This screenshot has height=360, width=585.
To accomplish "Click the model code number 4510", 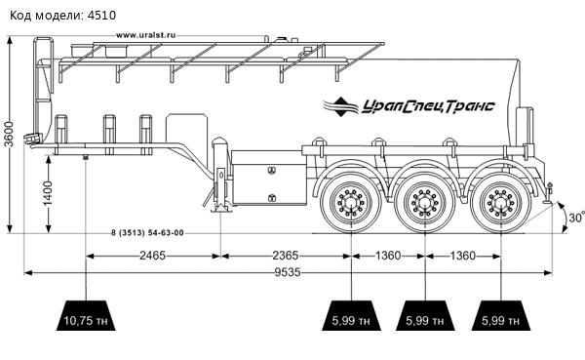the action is tap(101, 16).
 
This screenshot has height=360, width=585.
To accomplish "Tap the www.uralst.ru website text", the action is tap(146, 35).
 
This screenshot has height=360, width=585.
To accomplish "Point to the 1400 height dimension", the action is tap(48, 193).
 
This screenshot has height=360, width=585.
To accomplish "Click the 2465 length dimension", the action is tap(152, 256).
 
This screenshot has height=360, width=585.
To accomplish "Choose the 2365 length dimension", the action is tap(286, 256).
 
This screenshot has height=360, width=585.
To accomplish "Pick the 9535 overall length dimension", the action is tap(288, 272).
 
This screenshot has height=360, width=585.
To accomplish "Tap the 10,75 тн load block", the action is tap(86, 315).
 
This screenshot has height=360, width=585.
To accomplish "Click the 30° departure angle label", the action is tap(576, 217).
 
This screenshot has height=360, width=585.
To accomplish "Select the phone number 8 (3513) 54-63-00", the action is tap(147, 232).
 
